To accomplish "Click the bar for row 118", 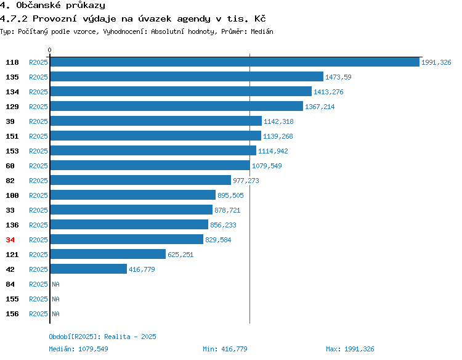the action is pyautogui.click(x=235, y=62).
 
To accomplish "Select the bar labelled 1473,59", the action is pyautogui.click(x=187, y=76).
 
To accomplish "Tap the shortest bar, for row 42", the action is pyautogui.click(x=89, y=269).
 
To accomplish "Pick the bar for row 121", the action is pyautogui.click(x=108, y=254).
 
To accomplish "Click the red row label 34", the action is pyautogui.click(x=10, y=240).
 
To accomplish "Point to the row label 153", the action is pyautogui.click(x=12, y=151).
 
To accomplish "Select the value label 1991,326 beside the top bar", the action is pyautogui.click(x=436, y=62).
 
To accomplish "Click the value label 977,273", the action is pyautogui.click(x=246, y=181).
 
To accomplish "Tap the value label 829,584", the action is pyautogui.click(x=218, y=240).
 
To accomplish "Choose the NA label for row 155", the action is pyautogui.click(x=55, y=299).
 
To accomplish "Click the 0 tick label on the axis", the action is pyautogui.click(x=49, y=50).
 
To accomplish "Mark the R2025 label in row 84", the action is pyautogui.click(x=38, y=284).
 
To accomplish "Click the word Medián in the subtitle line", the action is pyautogui.click(x=262, y=31).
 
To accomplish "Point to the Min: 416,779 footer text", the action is pyautogui.click(x=225, y=349).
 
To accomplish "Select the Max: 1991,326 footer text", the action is pyautogui.click(x=350, y=349).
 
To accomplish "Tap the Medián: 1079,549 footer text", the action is pyautogui.click(x=78, y=349).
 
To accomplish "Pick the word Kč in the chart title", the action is pyautogui.click(x=260, y=18).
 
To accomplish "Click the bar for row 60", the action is pyautogui.click(x=150, y=165).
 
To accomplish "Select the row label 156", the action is pyautogui.click(x=12, y=314).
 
